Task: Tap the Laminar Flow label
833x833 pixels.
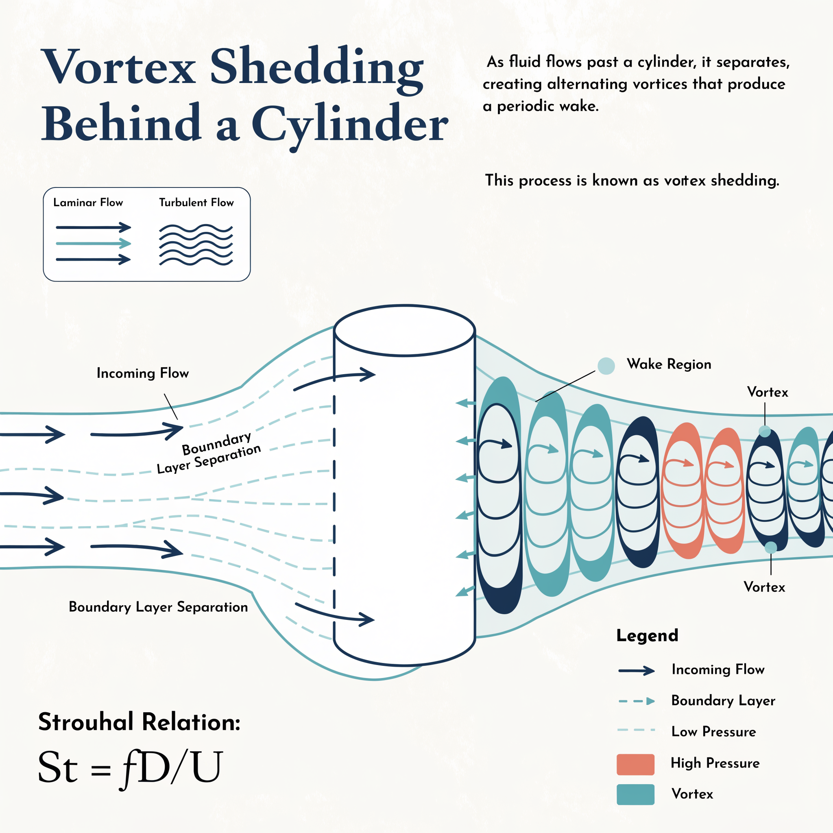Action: click(x=88, y=203)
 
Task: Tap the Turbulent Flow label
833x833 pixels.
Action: click(x=196, y=203)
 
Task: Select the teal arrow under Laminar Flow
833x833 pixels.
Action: click(x=93, y=244)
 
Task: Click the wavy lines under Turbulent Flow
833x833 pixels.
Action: click(x=196, y=244)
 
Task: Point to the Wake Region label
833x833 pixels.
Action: click(x=669, y=364)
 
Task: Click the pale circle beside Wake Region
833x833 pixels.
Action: click(x=606, y=366)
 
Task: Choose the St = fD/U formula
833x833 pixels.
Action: click(x=130, y=768)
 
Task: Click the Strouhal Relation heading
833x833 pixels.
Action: click(x=139, y=722)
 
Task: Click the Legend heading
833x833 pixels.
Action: click(x=647, y=636)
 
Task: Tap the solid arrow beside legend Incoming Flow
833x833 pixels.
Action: click(x=637, y=670)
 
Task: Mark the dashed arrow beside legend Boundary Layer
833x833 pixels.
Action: click(x=637, y=702)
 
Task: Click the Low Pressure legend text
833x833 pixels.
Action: click(x=713, y=732)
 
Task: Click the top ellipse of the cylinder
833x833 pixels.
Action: click(x=404, y=331)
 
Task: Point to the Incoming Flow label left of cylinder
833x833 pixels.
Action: click(x=143, y=373)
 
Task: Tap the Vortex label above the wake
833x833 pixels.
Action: click(x=768, y=393)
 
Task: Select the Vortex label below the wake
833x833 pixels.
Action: click(x=764, y=587)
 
